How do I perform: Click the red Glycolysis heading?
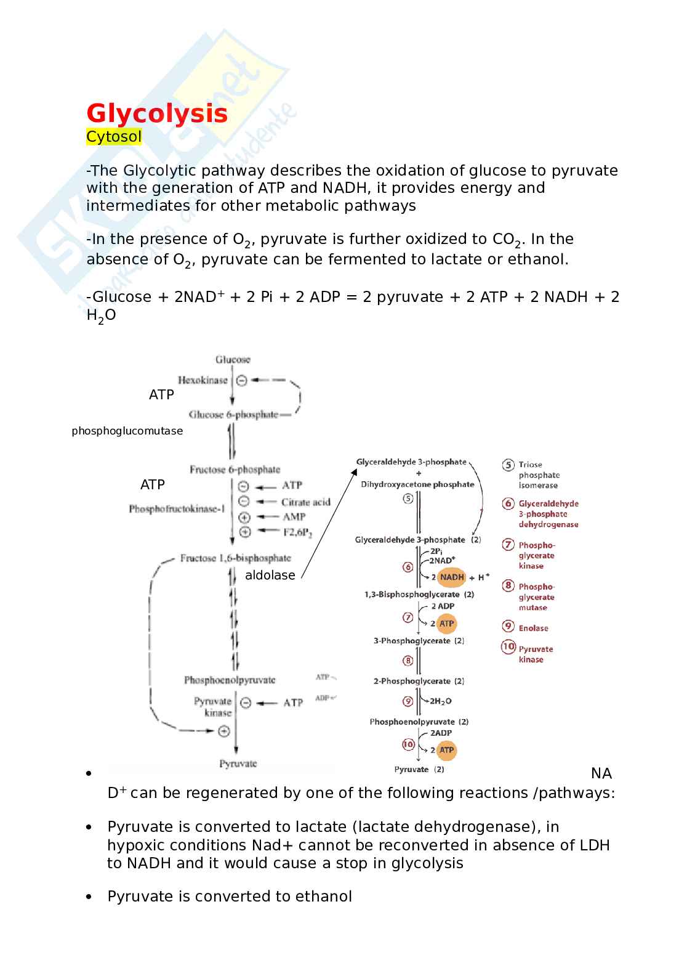(157, 114)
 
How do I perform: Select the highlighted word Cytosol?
(114, 137)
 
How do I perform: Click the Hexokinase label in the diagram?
(203, 380)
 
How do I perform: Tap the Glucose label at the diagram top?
(233, 359)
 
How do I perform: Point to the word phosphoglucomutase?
(127, 431)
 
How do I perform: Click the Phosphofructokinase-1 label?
(177, 509)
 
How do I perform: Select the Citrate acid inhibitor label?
(305, 502)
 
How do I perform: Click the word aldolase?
(270, 576)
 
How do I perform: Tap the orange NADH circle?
(452, 577)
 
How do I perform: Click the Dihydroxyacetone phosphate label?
(417, 484)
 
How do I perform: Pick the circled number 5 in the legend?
(508, 465)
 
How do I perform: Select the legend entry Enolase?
(533, 629)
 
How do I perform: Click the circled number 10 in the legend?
(508, 646)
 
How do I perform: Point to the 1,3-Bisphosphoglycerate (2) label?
(419, 595)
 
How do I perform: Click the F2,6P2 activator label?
(297, 532)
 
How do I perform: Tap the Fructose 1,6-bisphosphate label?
(235, 558)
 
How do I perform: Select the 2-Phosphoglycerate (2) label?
(419, 681)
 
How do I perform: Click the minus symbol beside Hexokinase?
(242, 380)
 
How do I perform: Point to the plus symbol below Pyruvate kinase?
(224, 731)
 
